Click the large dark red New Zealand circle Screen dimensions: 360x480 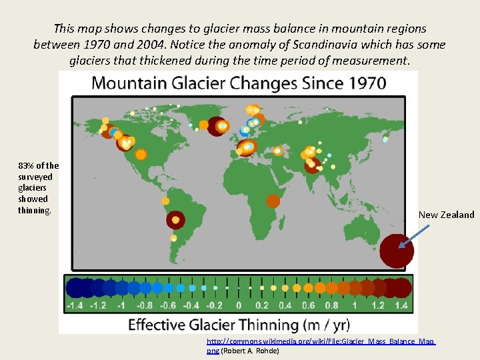(x=397, y=251)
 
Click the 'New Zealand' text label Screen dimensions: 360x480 (x=446, y=215)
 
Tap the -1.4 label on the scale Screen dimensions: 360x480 (x=75, y=305)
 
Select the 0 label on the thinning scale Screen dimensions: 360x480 (x=239, y=305)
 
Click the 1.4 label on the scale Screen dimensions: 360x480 (x=401, y=305)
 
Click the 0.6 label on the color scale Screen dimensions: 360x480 (x=308, y=305)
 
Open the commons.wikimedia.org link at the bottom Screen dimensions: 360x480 (x=320, y=341)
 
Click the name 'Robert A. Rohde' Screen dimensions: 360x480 (x=250, y=350)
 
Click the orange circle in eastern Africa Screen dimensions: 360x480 (x=273, y=201)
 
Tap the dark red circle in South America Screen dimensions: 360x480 (x=175, y=219)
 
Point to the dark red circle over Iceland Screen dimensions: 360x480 (x=216, y=126)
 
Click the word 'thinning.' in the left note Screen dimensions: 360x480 (x=34, y=210)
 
